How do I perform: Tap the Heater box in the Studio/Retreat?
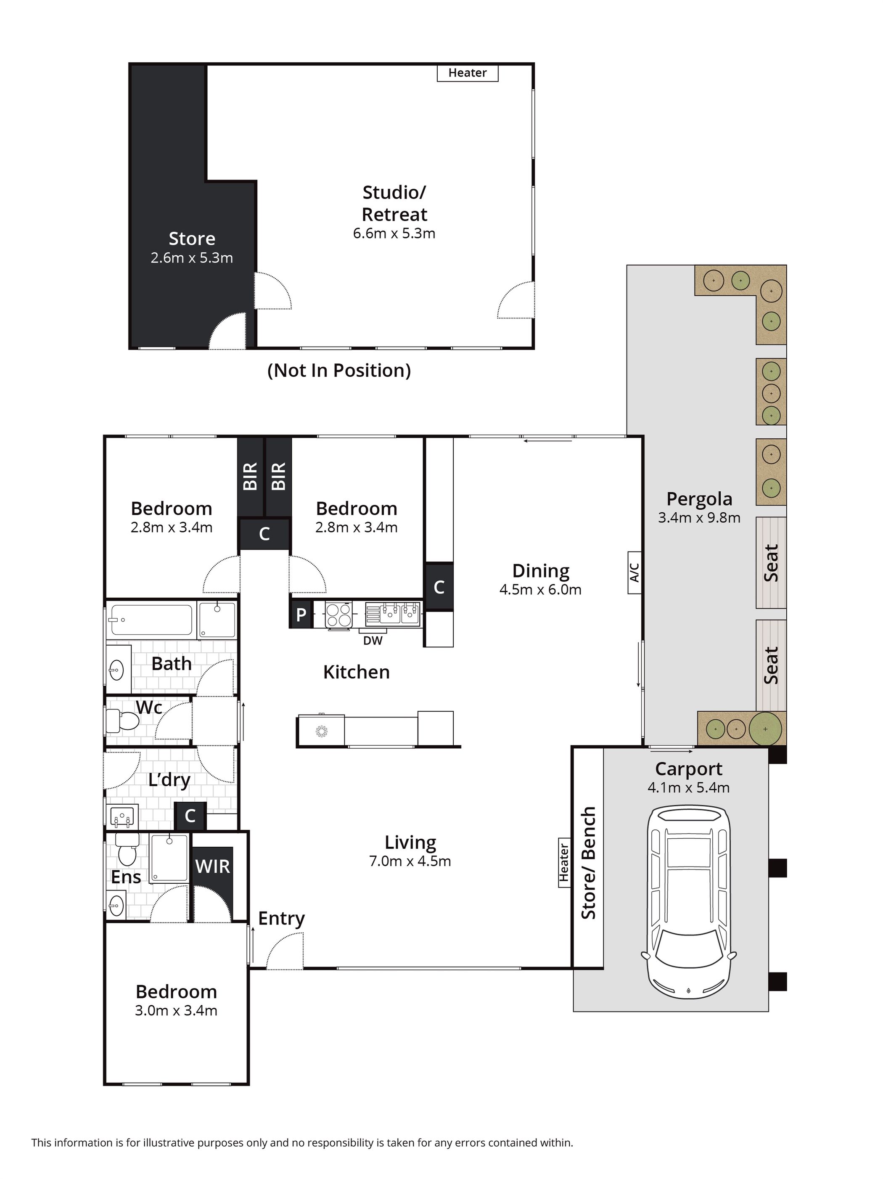click(x=467, y=73)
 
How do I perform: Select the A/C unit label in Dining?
click(x=634, y=572)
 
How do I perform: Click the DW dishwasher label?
click(x=373, y=641)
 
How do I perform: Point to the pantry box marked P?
click(x=301, y=615)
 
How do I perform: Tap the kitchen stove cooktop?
click(x=338, y=615)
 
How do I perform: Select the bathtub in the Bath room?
click(x=151, y=620)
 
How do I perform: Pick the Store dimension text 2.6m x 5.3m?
click(x=192, y=258)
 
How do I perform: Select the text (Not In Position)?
click(x=339, y=371)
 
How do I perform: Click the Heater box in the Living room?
click(x=564, y=863)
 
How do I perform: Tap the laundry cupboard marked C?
click(x=190, y=816)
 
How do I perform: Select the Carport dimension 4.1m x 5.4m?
click(x=688, y=787)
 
